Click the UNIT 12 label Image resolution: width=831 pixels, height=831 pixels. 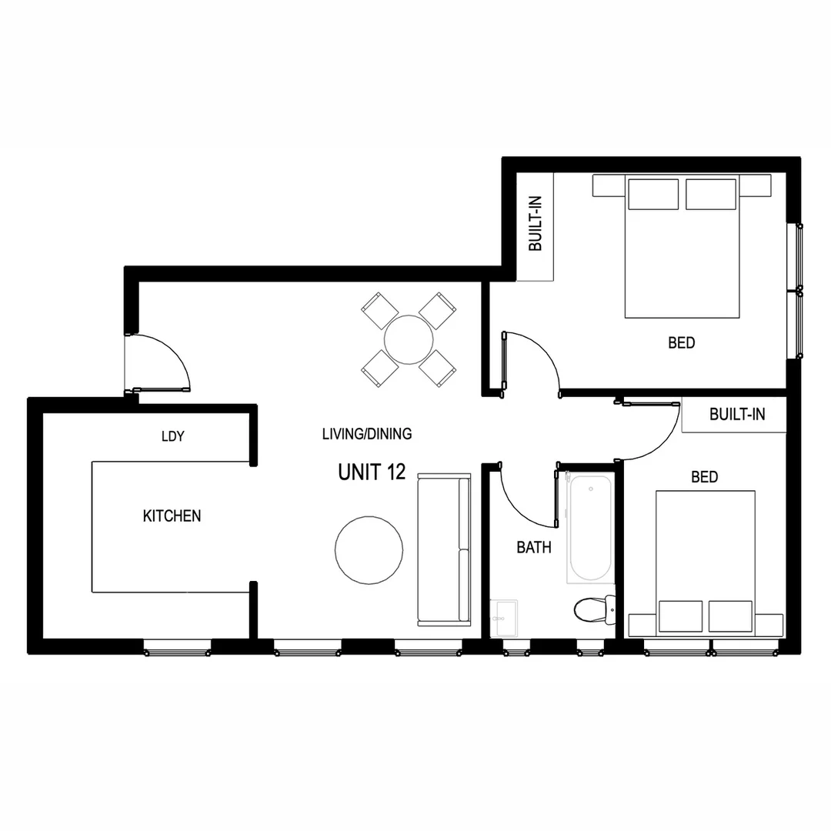click(x=372, y=472)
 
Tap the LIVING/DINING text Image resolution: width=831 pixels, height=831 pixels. click(x=366, y=434)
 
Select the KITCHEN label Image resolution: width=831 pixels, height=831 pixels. click(x=172, y=516)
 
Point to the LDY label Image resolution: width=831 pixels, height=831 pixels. click(x=172, y=436)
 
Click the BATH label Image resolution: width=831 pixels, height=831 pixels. click(x=533, y=548)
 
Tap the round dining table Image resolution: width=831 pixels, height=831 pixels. click(x=411, y=340)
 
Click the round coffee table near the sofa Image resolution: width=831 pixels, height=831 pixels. click(x=369, y=549)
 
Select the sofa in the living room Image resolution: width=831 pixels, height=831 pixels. click(x=443, y=549)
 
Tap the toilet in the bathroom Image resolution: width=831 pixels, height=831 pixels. click(x=594, y=610)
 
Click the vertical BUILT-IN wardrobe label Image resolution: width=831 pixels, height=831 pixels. click(x=536, y=225)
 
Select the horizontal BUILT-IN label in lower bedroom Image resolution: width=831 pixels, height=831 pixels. click(x=737, y=415)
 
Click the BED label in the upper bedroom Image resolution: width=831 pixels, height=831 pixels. click(x=681, y=342)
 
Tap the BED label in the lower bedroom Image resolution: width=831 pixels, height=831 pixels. click(x=704, y=477)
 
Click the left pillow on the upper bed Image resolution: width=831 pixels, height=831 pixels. click(x=653, y=194)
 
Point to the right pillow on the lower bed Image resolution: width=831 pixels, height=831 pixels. click(x=730, y=616)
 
